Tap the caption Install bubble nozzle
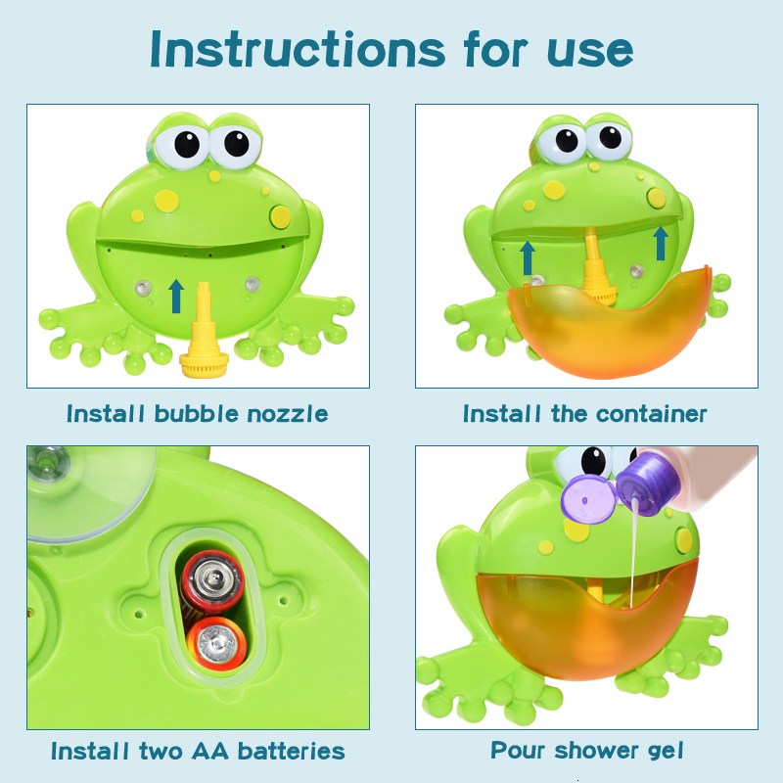pos(197,414)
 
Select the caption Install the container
pos(584,414)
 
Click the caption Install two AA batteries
pos(198,752)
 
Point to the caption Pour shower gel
pos(586,751)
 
